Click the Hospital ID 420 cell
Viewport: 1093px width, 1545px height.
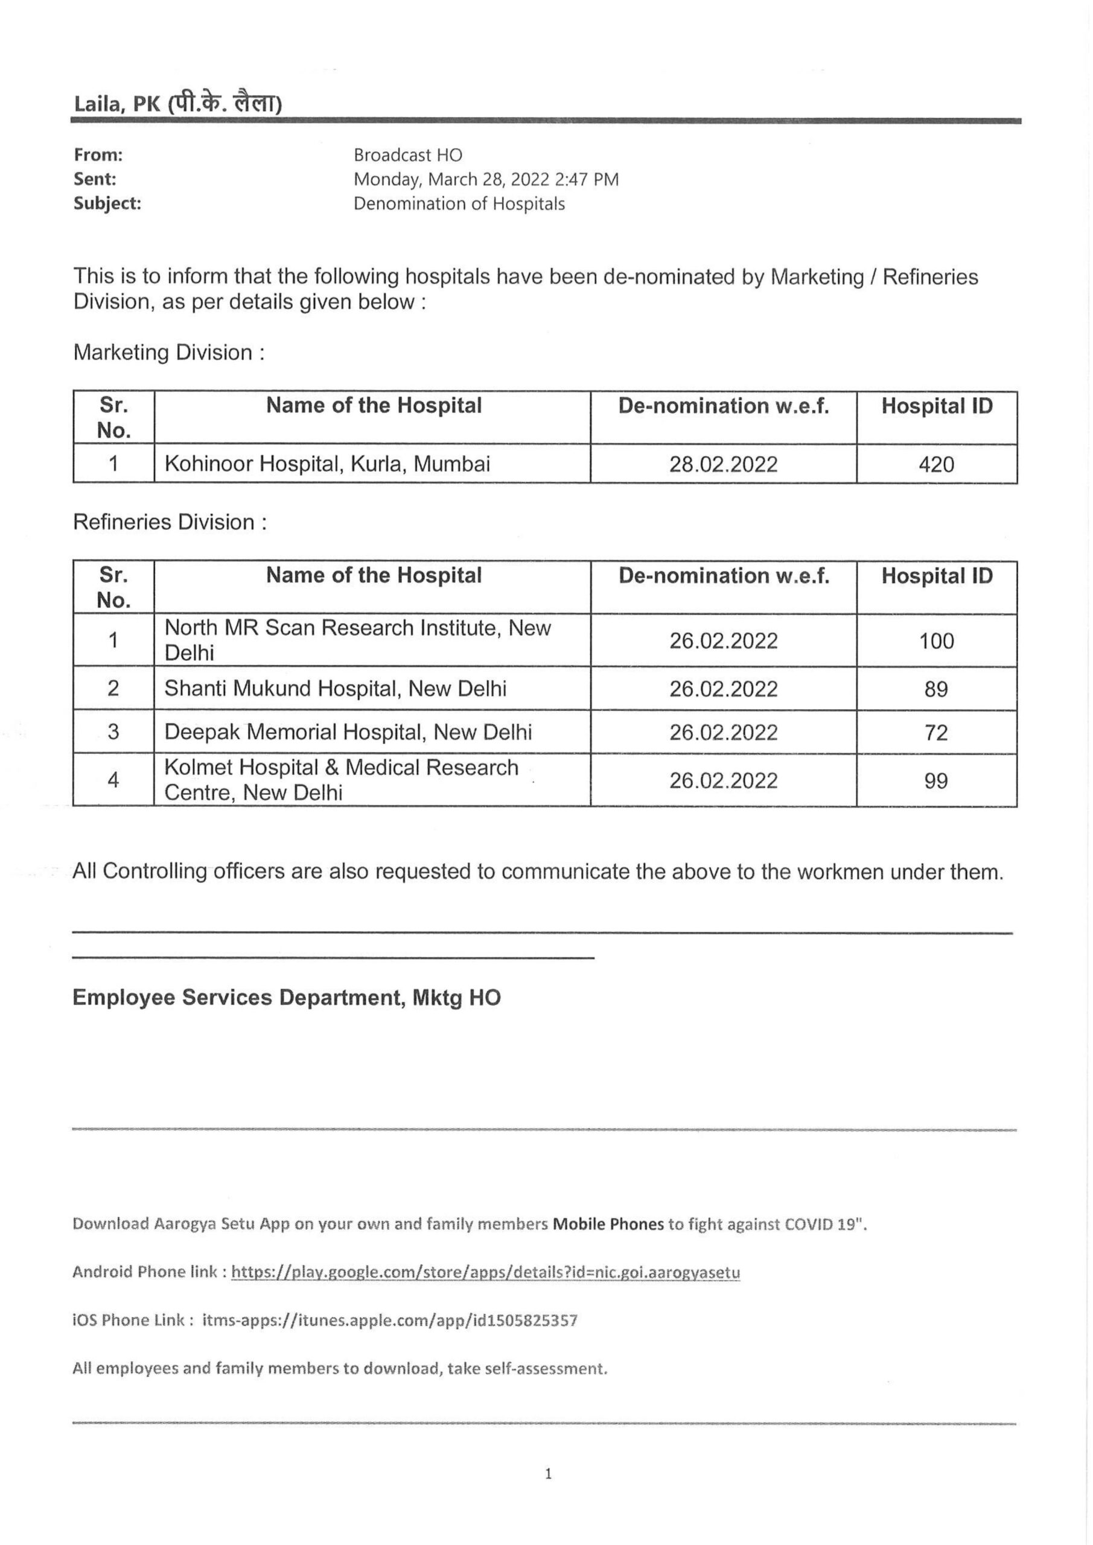point(936,464)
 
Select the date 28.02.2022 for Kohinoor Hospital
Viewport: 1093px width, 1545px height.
point(723,464)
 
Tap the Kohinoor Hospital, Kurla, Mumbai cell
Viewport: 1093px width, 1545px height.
point(327,463)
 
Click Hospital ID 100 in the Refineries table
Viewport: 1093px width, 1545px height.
point(936,640)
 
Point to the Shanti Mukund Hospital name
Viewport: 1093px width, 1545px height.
point(335,689)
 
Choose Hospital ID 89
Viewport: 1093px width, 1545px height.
point(936,689)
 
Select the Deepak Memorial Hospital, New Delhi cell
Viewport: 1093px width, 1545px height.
point(348,732)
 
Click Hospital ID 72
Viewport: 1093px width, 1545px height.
point(936,732)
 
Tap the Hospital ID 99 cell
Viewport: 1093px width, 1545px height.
point(936,780)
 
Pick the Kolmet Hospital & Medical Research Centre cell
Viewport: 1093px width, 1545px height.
point(341,780)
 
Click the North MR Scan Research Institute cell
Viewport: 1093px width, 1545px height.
point(357,640)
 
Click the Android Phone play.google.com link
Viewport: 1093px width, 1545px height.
point(485,1272)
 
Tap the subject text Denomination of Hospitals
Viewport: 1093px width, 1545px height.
point(459,204)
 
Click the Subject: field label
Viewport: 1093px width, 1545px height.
point(107,204)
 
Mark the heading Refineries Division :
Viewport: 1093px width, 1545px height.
point(170,522)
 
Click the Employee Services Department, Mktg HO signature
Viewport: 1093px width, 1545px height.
point(287,997)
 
